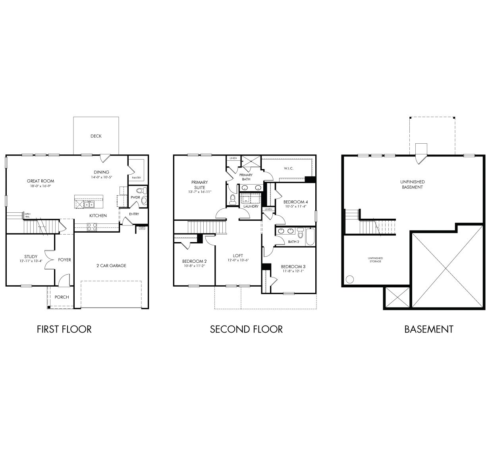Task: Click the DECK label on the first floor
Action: pos(96,136)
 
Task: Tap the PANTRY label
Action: pos(136,177)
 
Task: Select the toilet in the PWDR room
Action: pos(144,200)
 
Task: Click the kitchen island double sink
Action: pos(88,204)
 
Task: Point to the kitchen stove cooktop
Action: pos(92,227)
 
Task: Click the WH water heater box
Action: pos(142,228)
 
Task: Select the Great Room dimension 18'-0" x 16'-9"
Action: pos(41,186)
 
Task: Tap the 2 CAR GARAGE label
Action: pos(111,266)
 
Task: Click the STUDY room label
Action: pos(31,257)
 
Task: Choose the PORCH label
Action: pos(62,297)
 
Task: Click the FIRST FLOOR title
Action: pos(64,329)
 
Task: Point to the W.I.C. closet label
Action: pos(289,168)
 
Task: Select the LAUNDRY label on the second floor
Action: pos(251,206)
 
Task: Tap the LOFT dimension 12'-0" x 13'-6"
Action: pos(238,260)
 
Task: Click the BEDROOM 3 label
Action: pos(293,266)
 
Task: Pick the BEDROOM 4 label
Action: pos(295,202)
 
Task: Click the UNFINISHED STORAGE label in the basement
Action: pos(375,260)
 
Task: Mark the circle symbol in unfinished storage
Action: pos(350,279)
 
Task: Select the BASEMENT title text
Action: pos(428,329)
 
